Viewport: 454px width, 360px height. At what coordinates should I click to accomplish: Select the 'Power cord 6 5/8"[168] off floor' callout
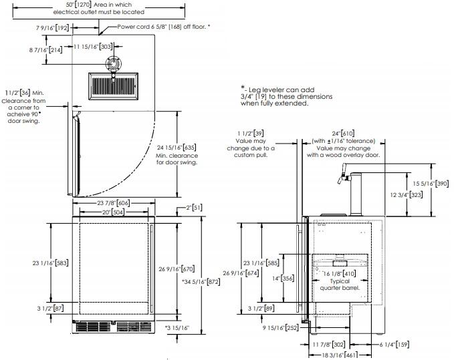click(x=163, y=26)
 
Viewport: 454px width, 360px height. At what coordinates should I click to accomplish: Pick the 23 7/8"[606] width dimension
click(x=113, y=202)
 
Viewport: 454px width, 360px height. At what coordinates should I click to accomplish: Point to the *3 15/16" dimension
click(x=178, y=328)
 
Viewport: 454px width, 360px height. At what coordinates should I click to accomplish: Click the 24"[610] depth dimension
click(x=343, y=133)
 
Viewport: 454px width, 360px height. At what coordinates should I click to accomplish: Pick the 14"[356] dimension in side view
click(x=285, y=278)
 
